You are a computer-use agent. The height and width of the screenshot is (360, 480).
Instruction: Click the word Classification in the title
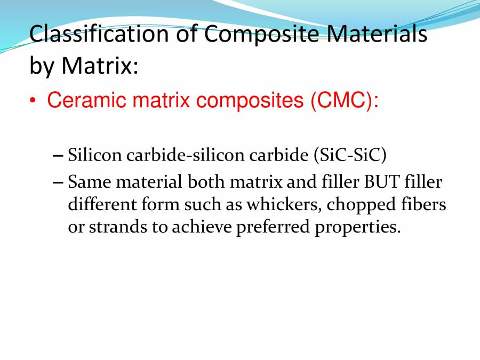point(98,34)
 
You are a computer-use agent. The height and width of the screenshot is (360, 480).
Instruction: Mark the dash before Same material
point(59,182)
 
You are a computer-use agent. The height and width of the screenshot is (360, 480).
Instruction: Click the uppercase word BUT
point(379,182)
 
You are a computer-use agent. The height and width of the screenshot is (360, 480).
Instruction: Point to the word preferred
point(272,228)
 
